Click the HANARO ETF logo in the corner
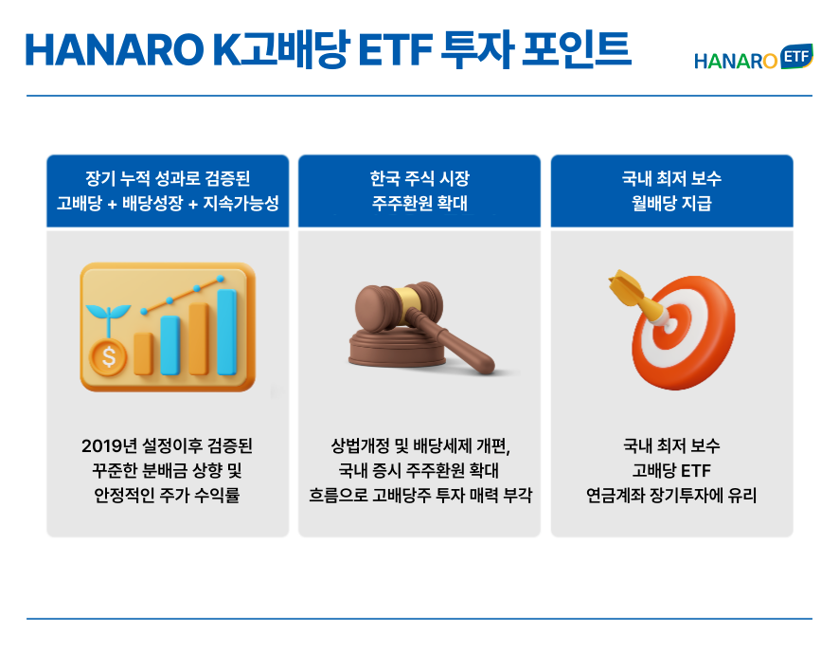754,58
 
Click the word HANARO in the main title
115,50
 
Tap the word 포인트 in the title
577,49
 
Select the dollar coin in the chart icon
109,356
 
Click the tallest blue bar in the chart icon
227,332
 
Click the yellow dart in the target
636,297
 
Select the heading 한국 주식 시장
419,178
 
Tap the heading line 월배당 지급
671,203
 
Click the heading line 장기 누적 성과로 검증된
168,178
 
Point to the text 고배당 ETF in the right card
671,470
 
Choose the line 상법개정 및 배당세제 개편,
420,445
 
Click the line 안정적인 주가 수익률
167,495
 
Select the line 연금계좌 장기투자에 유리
671,495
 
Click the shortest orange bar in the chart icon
143,354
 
